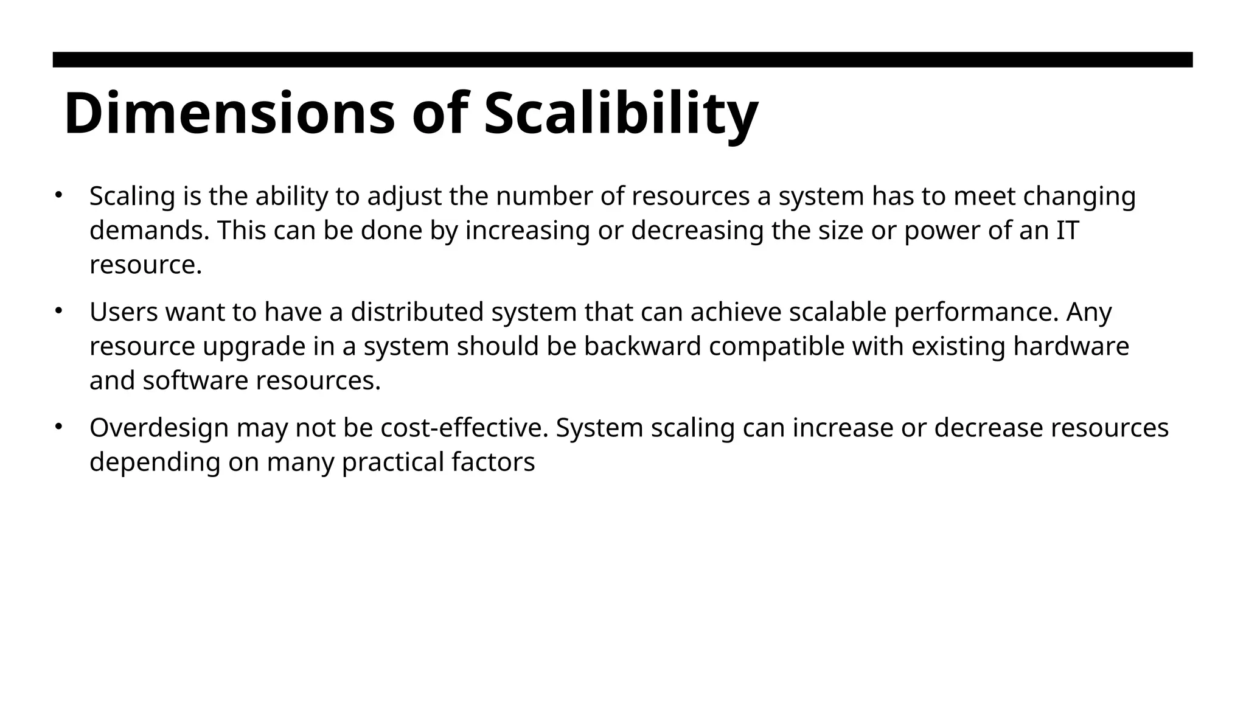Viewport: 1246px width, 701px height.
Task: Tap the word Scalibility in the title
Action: [x=621, y=114]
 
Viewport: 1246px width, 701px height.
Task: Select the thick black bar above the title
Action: [x=622, y=60]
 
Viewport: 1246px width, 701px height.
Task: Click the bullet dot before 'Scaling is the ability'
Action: [x=58, y=195]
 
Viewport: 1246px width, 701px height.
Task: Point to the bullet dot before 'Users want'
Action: [x=58, y=310]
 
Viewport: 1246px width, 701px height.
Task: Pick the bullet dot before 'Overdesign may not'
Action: [x=58, y=427]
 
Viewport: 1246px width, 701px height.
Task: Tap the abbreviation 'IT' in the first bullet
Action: [x=1068, y=231]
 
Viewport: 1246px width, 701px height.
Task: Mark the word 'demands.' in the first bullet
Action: [x=150, y=231]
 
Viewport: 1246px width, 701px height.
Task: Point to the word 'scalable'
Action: [x=837, y=312]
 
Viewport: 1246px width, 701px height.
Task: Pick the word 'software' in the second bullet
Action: [x=196, y=382]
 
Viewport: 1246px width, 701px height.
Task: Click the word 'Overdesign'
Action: [x=159, y=428]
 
